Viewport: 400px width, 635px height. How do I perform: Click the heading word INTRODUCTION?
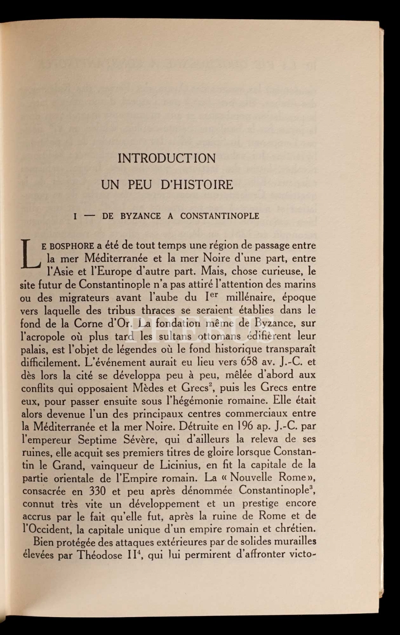tap(167, 158)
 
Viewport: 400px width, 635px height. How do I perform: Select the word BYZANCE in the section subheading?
tap(140, 216)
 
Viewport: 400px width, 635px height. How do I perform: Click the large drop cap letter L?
tap(30, 254)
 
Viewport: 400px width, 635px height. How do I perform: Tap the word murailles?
tap(293, 541)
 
